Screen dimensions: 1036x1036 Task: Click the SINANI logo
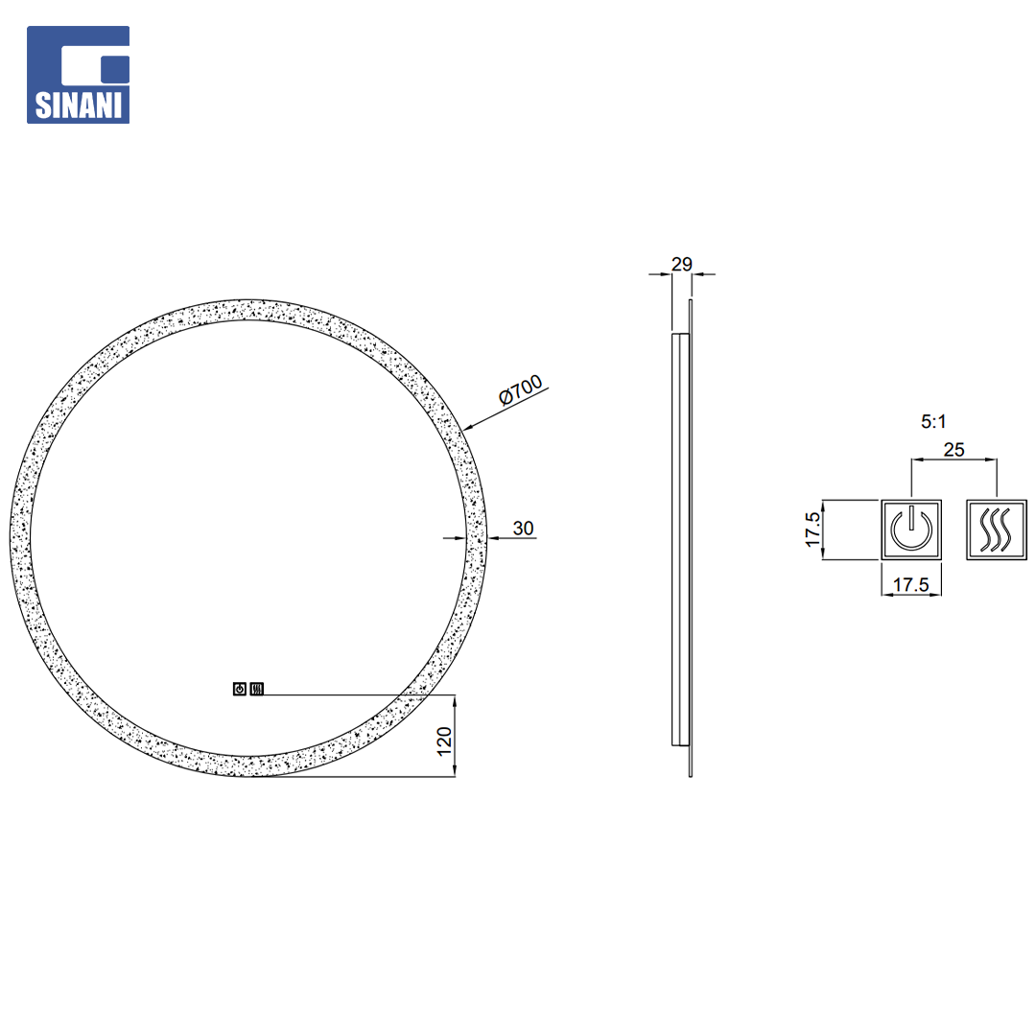(x=78, y=75)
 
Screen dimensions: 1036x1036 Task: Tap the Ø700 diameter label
(x=521, y=389)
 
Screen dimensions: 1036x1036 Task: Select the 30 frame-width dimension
(x=523, y=529)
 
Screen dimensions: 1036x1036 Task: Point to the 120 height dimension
(x=444, y=742)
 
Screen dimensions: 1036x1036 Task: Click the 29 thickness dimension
(x=682, y=265)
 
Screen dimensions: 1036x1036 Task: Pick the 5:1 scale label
(x=933, y=421)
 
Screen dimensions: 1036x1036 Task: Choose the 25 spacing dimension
(x=954, y=450)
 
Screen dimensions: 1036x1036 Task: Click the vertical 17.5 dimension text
(x=812, y=530)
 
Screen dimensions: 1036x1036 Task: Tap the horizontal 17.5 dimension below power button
(x=910, y=585)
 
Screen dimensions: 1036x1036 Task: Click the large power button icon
(x=911, y=530)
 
